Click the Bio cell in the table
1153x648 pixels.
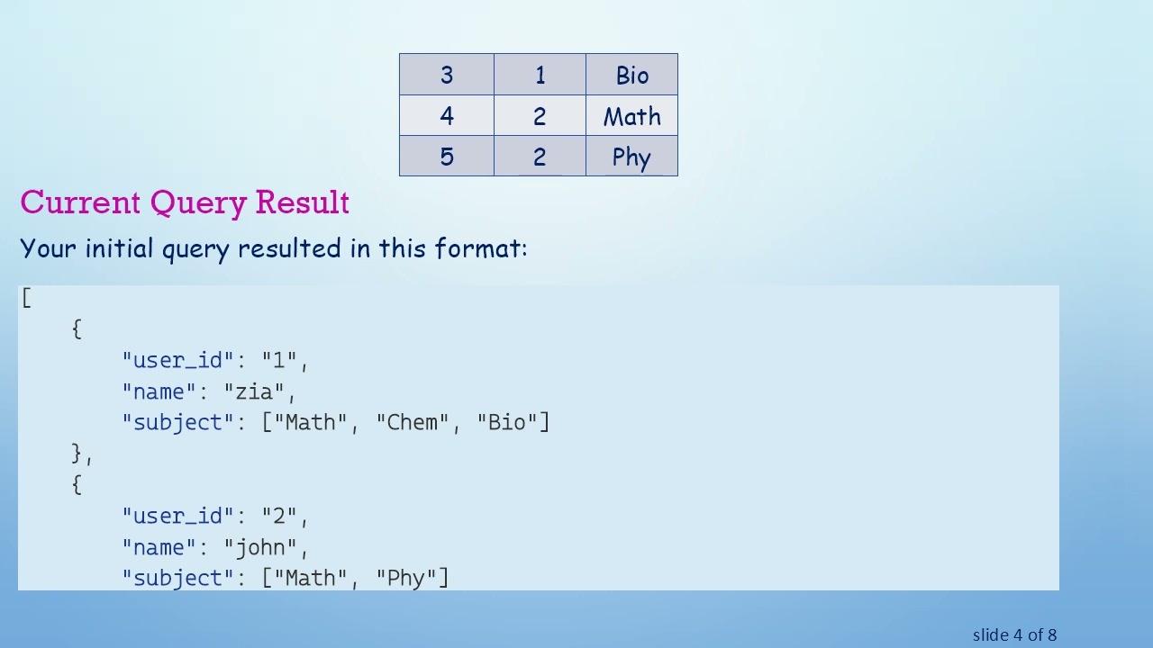point(631,76)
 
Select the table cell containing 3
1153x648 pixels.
point(447,76)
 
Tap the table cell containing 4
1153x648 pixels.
point(447,116)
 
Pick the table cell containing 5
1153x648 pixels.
point(447,157)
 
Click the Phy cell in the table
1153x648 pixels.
point(631,157)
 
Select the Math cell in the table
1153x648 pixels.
point(631,117)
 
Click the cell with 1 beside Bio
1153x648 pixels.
point(540,76)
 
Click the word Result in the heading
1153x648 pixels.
point(302,202)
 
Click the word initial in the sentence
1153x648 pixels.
point(120,248)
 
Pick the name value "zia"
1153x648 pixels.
point(259,391)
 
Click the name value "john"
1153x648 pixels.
point(266,547)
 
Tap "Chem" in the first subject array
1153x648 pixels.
point(413,423)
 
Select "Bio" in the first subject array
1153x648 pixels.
point(507,423)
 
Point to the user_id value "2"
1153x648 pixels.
point(279,517)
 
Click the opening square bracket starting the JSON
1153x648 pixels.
point(26,298)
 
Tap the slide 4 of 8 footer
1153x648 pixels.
point(1014,635)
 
